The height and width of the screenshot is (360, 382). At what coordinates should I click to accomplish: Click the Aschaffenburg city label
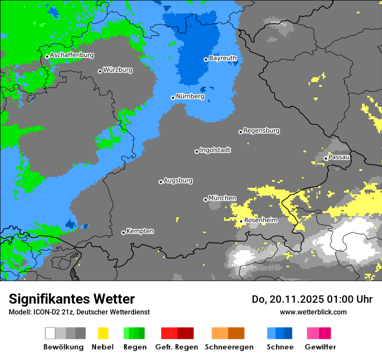point(72,56)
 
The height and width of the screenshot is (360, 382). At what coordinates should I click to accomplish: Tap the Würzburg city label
point(118,70)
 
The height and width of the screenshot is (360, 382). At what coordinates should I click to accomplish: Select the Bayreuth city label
point(223,58)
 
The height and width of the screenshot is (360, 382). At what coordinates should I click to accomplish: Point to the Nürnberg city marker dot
point(173,98)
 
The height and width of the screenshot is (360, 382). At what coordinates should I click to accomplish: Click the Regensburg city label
point(261,131)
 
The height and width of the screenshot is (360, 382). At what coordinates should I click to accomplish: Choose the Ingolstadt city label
point(215,150)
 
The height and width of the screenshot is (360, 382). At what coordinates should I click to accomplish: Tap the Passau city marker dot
point(326,158)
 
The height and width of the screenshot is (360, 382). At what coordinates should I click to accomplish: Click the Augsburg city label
point(178,180)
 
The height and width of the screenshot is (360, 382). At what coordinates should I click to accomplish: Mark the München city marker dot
point(205,200)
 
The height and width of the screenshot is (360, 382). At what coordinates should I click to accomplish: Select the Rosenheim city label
point(261,220)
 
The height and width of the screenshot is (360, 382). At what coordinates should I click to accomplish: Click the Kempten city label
point(140,231)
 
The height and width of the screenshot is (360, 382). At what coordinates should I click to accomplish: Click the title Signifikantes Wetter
point(72,299)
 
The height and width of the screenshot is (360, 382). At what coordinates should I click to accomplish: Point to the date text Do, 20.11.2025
point(289,299)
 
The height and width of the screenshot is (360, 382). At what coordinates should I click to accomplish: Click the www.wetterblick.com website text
point(313,312)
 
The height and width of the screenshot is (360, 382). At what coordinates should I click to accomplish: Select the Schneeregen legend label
point(229,347)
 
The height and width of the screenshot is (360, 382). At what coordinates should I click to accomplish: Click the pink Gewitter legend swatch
point(313,333)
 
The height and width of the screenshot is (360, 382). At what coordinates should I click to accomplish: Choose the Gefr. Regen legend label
point(177,347)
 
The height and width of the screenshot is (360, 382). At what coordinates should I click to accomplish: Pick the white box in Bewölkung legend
point(50,333)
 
